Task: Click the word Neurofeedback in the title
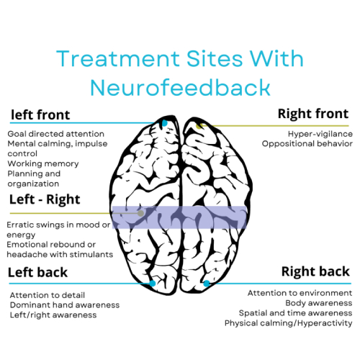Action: (181, 88)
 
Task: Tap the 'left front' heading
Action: (40, 114)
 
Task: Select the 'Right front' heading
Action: (313, 114)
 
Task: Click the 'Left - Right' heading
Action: (45, 199)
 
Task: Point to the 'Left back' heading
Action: (37, 272)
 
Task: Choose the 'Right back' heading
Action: (315, 271)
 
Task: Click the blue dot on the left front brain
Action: (164, 123)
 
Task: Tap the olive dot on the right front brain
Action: (199, 126)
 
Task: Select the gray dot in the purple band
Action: (141, 213)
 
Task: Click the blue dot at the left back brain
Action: (153, 284)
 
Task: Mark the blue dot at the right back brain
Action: (207, 284)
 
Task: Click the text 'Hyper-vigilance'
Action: (320, 134)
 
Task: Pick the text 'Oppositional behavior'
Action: (307, 144)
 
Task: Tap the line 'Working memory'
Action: (43, 163)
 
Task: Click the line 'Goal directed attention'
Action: (56, 134)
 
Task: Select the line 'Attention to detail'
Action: (48, 295)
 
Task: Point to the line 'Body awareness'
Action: (319, 303)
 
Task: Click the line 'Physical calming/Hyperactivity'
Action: (289, 323)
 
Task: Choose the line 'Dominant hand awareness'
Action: (65, 305)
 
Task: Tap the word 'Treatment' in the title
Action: (118, 59)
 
